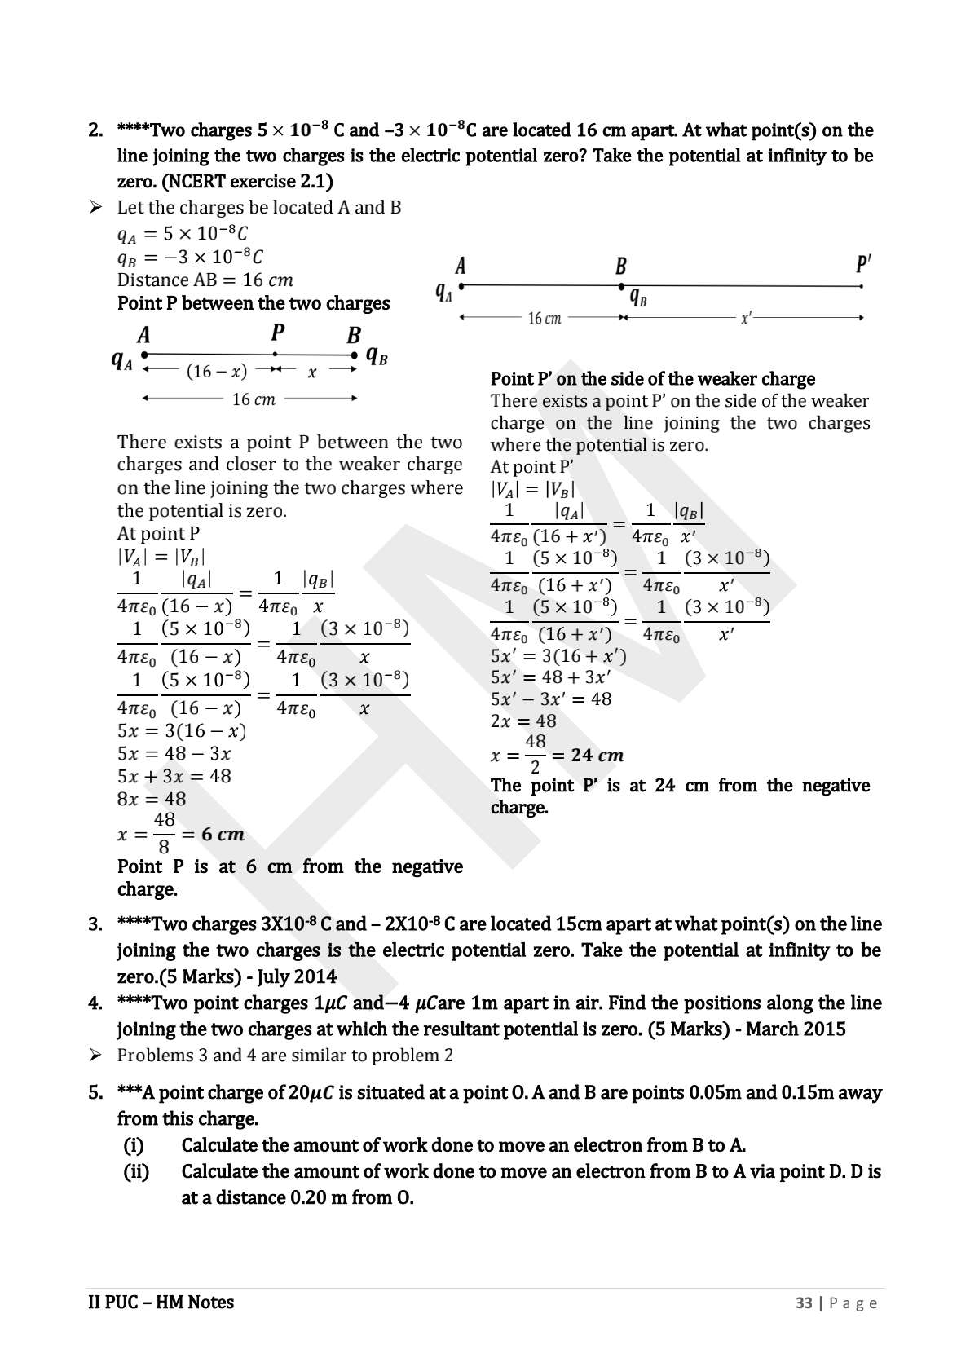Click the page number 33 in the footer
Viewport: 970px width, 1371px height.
click(804, 1303)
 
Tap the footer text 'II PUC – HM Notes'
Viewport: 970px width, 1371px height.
click(161, 1303)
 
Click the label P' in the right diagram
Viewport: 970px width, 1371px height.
click(863, 265)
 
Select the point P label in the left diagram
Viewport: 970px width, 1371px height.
click(278, 333)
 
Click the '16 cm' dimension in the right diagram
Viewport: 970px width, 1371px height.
click(545, 319)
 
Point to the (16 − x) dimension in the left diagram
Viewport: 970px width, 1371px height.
click(217, 372)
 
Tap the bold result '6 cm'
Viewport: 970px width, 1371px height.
click(223, 835)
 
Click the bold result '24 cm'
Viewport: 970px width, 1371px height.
click(597, 756)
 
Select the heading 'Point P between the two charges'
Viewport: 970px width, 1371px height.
click(254, 304)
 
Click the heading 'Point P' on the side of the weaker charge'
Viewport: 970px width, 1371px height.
click(652, 379)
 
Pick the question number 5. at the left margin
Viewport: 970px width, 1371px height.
click(95, 1093)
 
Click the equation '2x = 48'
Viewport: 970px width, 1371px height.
click(523, 721)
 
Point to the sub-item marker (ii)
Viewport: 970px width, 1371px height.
click(136, 1172)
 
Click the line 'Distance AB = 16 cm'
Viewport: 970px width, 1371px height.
click(205, 280)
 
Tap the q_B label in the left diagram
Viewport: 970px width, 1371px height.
click(377, 355)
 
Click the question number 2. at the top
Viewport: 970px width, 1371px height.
click(95, 130)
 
